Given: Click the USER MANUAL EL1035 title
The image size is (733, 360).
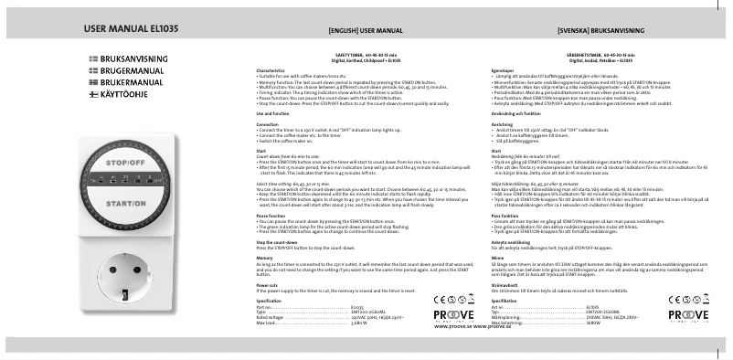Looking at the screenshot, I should [130, 29].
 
